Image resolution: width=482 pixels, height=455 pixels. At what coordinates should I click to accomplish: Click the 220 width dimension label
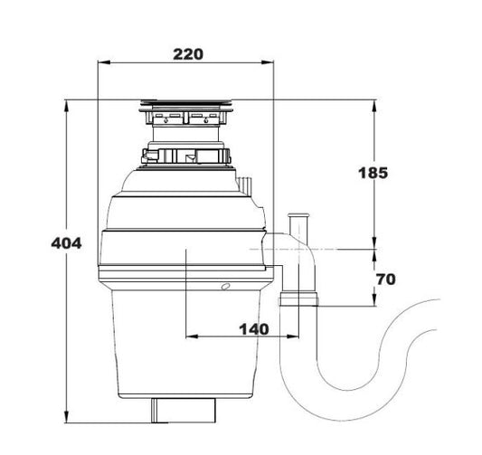tap(187, 53)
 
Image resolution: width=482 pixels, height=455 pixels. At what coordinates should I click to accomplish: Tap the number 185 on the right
tap(373, 173)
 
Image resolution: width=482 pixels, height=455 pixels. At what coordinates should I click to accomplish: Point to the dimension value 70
tap(385, 280)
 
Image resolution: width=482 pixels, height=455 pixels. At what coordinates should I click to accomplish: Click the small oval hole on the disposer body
tap(224, 287)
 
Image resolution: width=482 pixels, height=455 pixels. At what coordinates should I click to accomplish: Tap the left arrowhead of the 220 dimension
tap(102, 63)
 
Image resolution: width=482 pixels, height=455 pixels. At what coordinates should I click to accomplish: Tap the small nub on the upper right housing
tap(244, 183)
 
